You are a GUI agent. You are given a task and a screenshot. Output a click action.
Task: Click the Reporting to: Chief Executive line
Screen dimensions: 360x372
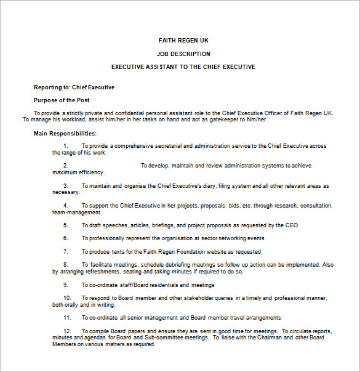(74, 87)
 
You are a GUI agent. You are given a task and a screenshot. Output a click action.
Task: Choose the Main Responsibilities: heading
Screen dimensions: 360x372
(65, 133)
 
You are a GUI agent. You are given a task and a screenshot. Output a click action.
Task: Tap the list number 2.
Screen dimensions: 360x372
(65, 166)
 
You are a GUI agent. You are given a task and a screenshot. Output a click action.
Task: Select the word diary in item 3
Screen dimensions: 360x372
(207, 185)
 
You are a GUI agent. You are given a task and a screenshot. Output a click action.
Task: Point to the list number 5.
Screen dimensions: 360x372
(65, 225)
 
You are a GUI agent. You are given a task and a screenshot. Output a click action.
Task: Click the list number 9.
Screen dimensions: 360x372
(65, 285)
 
